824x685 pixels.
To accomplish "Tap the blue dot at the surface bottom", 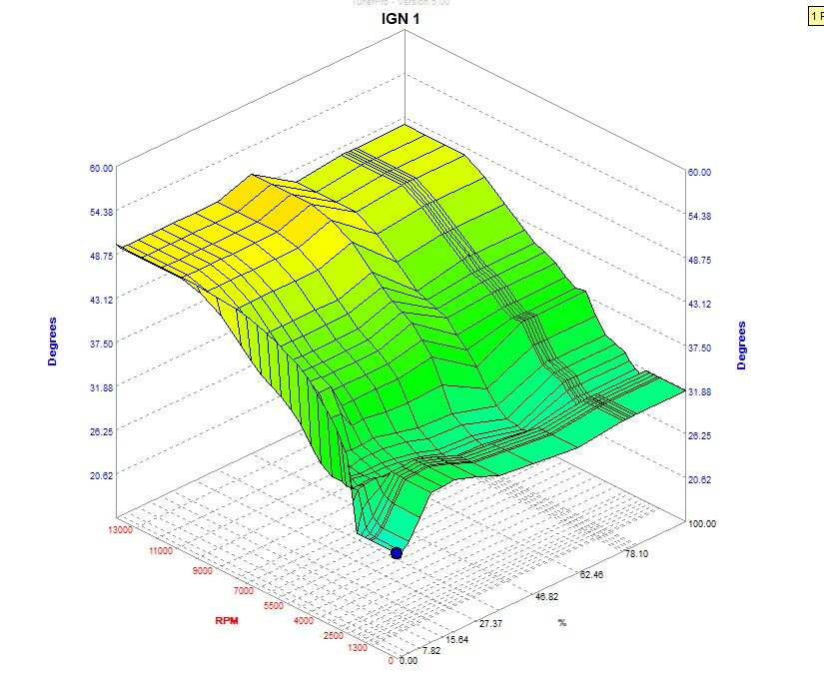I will [397, 552].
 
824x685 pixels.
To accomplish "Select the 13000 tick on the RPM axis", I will [117, 530].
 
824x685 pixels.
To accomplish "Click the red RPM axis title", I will [227, 621].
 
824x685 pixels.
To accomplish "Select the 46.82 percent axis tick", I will [546, 598].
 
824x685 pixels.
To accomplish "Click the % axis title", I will [562, 623].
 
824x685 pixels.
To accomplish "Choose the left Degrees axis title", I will [53, 342].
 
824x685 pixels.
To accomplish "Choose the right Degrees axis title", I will [741, 345].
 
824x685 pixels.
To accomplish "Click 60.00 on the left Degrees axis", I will [102, 168].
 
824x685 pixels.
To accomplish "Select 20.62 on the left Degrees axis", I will [102, 475].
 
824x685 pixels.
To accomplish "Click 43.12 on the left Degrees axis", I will [102, 299].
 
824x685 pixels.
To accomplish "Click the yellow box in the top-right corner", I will [815, 17].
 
